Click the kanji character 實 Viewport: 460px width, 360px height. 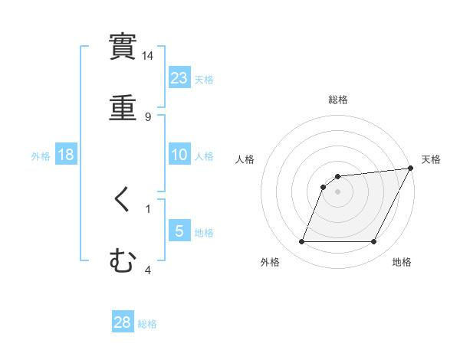pyautogui.click(x=123, y=47)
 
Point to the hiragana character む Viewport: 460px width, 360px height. pyautogui.click(x=123, y=262)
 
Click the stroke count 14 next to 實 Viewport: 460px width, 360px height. pyautogui.click(x=148, y=56)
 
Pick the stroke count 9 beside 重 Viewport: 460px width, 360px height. pyautogui.click(x=148, y=116)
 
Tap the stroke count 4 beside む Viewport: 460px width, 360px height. pyautogui.click(x=148, y=270)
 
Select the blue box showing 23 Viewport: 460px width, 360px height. pyautogui.click(x=179, y=77)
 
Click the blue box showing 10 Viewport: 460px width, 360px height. pyautogui.click(x=179, y=155)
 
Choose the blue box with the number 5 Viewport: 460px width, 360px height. pyautogui.click(x=179, y=231)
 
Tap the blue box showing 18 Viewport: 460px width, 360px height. pyautogui.click(x=66, y=155)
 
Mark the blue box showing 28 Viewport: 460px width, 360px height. pyautogui.click(x=123, y=322)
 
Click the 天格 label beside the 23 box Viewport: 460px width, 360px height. pyautogui.click(x=204, y=79)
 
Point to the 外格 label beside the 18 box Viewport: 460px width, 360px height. pyautogui.click(x=41, y=156)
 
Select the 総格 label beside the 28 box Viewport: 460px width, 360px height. pyautogui.click(x=147, y=324)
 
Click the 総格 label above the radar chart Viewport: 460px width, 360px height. pyautogui.click(x=338, y=100)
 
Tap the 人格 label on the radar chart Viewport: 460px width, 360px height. pyautogui.click(x=245, y=159)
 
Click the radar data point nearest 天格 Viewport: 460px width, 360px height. pyautogui.click(x=411, y=169)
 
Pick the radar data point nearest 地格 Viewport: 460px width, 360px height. pyautogui.click(x=374, y=242)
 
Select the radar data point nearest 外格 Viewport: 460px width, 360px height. pyautogui.click(x=301, y=242)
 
